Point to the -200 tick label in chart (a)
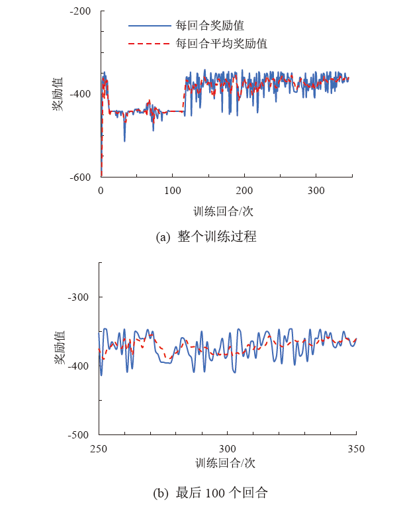(81, 11)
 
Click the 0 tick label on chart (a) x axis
(101, 190)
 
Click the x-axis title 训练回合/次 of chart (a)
(224, 211)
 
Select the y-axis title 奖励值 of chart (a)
(59, 93)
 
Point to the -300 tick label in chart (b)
(81, 297)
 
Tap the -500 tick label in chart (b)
(81, 434)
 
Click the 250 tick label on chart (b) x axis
(99, 448)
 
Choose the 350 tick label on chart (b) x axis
(356, 448)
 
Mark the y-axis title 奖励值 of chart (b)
(59, 348)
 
